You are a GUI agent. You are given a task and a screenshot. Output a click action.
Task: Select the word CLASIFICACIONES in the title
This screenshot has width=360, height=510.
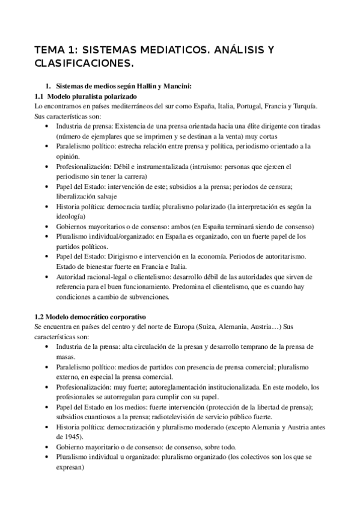click(81, 63)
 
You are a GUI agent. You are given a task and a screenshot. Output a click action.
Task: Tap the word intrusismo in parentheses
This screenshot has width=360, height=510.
click(203, 167)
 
